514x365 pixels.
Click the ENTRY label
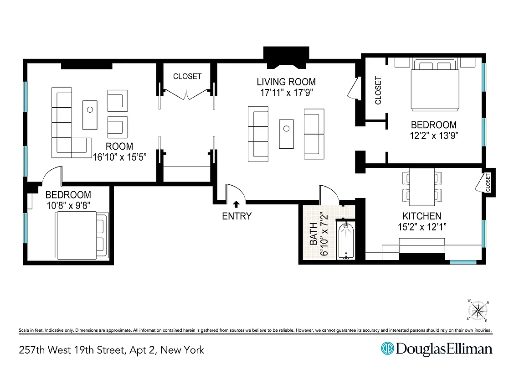click(x=236, y=216)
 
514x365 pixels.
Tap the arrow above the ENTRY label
click(x=236, y=205)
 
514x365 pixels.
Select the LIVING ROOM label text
click(x=286, y=82)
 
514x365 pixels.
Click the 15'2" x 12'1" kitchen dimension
click(x=421, y=227)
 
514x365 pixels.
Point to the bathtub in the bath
click(x=347, y=240)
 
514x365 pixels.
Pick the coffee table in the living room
click(x=287, y=133)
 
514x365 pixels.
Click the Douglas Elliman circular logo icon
click(x=387, y=349)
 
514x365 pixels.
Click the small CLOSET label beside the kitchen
click(x=488, y=182)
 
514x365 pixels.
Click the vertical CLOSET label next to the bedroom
click(x=378, y=90)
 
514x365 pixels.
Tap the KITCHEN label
click(x=421, y=216)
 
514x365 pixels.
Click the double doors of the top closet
click(x=187, y=93)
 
